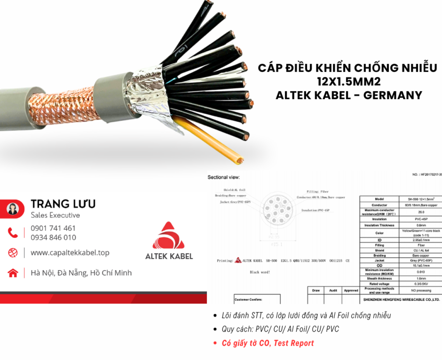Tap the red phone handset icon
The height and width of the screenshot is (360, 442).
[x=13, y=233]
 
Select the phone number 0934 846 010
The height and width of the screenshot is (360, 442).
[x=53, y=237]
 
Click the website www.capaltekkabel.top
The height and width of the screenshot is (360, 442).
[x=70, y=253]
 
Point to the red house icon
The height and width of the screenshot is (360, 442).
[x=13, y=273]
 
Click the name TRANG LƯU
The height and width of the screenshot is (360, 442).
[x=63, y=204]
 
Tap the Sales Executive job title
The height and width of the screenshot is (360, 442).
[x=55, y=215]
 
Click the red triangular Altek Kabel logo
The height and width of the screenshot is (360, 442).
[x=169, y=236]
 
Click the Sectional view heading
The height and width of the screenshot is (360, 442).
[x=224, y=177]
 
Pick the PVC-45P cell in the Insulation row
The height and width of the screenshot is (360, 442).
[x=421, y=219]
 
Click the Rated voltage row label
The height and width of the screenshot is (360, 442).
[x=379, y=284]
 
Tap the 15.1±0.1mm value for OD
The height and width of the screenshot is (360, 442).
[x=421, y=265]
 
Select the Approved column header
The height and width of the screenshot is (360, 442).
[x=351, y=290]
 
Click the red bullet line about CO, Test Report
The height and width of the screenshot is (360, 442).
[x=267, y=343]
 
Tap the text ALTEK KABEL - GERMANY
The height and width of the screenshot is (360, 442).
[x=348, y=95]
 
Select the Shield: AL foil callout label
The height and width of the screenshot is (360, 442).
[x=234, y=190]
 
